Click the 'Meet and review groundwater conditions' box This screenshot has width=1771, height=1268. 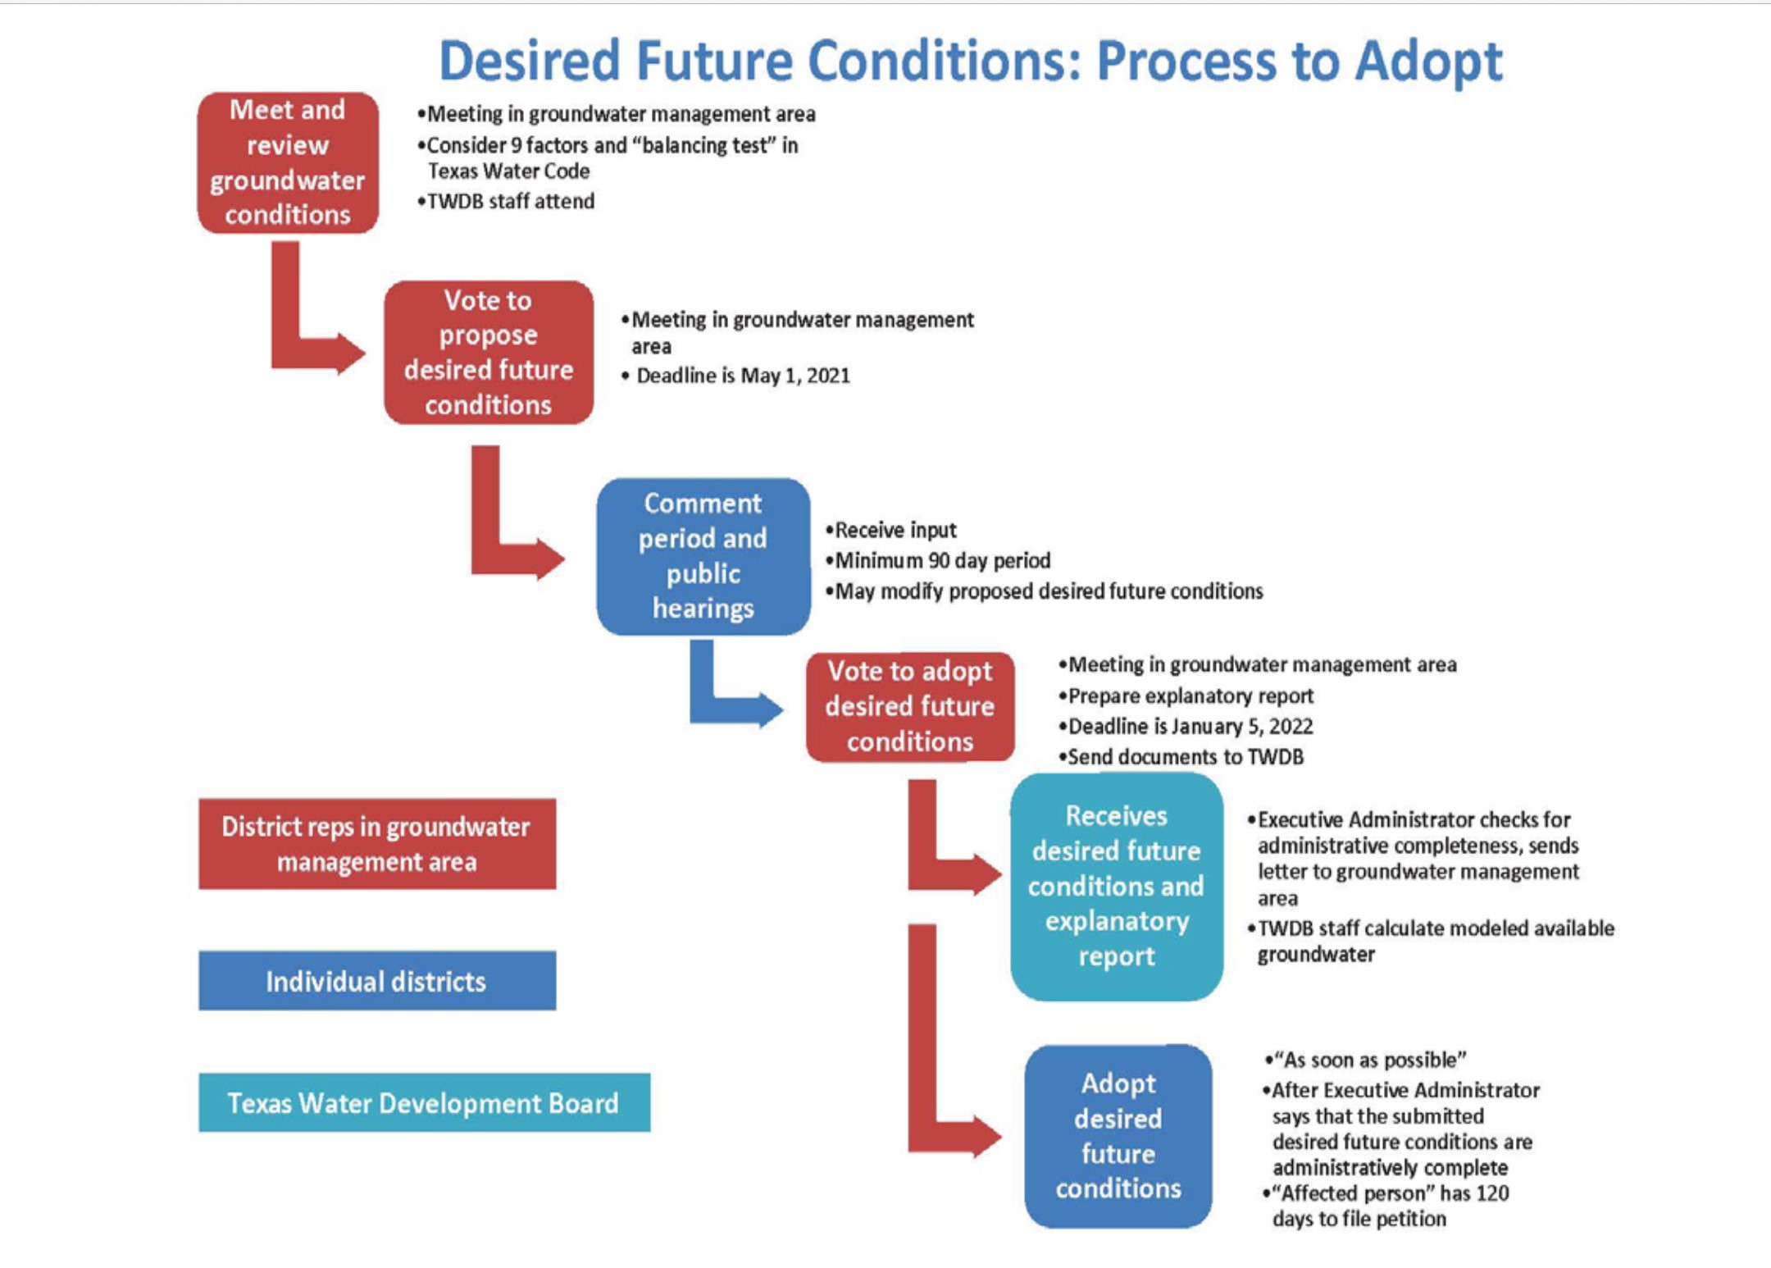click(x=288, y=162)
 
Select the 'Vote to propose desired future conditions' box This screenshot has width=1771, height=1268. click(x=489, y=353)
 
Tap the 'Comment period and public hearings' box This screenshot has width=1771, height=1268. click(x=703, y=556)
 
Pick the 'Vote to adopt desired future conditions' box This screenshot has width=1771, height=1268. click(x=910, y=706)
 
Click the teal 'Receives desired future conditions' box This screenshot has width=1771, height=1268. click(x=1116, y=886)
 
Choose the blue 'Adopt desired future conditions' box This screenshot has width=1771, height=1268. click(x=1118, y=1136)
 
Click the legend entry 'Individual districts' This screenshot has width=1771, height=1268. click(x=376, y=981)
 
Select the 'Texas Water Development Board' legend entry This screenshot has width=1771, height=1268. click(x=424, y=1103)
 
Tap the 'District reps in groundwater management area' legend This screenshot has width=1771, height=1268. click(x=376, y=844)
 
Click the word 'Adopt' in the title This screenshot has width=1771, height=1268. click(x=1428, y=61)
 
